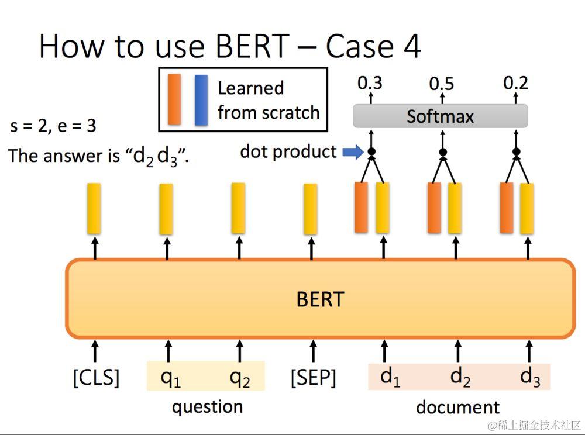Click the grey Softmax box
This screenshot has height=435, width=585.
(440, 116)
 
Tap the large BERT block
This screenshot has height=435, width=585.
(320, 298)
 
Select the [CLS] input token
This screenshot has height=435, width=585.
(96, 378)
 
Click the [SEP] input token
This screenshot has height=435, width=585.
(313, 378)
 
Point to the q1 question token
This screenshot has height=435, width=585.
(170, 378)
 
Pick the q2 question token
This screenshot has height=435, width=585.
(240, 378)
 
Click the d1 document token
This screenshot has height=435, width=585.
(390, 377)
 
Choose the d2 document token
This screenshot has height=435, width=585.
(460, 377)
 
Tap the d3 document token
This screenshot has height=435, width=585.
(530, 377)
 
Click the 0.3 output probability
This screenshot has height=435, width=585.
(370, 83)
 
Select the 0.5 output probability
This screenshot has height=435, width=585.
(442, 84)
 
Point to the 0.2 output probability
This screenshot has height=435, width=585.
(515, 83)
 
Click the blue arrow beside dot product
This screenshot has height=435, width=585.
(353, 153)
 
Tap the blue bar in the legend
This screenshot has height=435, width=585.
(201, 100)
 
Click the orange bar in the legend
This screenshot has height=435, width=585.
(174, 99)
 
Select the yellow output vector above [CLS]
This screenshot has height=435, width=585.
(94, 209)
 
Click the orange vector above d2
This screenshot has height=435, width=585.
(433, 208)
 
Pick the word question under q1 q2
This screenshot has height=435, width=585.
(207, 406)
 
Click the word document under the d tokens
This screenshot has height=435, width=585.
(457, 407)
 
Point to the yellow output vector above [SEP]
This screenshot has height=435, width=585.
(311, 209)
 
